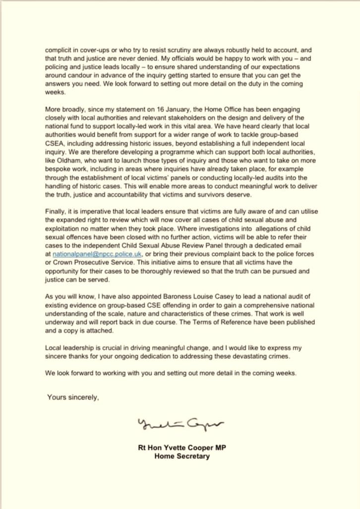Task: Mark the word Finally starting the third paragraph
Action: coord(56,211)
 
